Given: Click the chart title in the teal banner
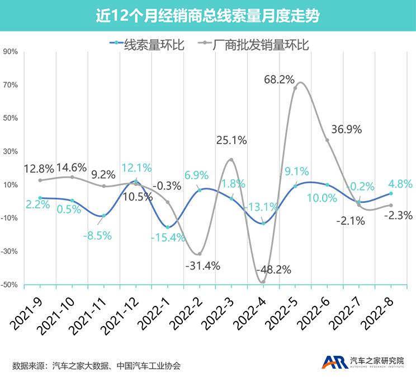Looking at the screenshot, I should [207, 16].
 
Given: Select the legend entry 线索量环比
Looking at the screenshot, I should [146, 43].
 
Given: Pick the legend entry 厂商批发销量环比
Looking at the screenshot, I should [260, 43].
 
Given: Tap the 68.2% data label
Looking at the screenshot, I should [280, 80].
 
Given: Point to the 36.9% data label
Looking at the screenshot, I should [347, 129].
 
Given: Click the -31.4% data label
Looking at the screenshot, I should [202, 265].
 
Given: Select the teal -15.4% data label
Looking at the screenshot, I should [167, 238].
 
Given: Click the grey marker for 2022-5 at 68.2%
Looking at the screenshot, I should [295, 87].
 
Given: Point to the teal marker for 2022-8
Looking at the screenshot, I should [391, 193].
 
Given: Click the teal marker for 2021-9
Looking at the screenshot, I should [40, 198].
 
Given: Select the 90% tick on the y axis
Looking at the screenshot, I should [11, 52].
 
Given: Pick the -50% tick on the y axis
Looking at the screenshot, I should [10, 285].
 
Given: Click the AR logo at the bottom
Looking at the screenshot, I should [334, 363].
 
